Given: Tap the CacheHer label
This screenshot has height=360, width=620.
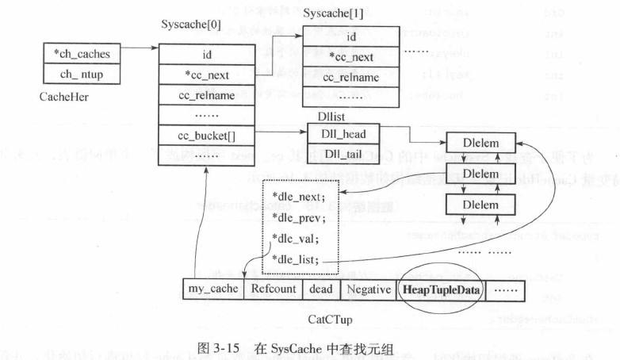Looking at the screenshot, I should pyautogui.click(x=63, y=97).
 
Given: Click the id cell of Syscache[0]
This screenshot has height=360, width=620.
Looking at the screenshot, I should pyautogui.click(x=205, y=54).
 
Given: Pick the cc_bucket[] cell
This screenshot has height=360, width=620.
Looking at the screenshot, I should pyautogui.click(x=205, y=136).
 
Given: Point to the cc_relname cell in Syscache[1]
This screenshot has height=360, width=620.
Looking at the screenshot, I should pyautogui.click(x=350, y=78).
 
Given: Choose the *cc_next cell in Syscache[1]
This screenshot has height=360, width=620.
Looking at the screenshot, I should pyautogui.click(x=350, y=58).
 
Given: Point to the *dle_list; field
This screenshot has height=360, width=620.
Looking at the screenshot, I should pyautogui.click(x=295, y=259).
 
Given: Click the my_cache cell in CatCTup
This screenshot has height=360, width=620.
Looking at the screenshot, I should pyautogui.click(x=212, y=289).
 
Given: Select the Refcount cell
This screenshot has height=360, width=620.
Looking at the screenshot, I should pyautogui.click(x=274, y=289).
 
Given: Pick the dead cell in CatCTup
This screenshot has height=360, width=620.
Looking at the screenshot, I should pyautogui.click(x=322, y=289).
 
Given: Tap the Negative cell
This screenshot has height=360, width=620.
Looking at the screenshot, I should pyautogui.click(x=368, y=289).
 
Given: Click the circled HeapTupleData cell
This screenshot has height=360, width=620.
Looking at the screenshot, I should pyautogui.click(x=441, y=289).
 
